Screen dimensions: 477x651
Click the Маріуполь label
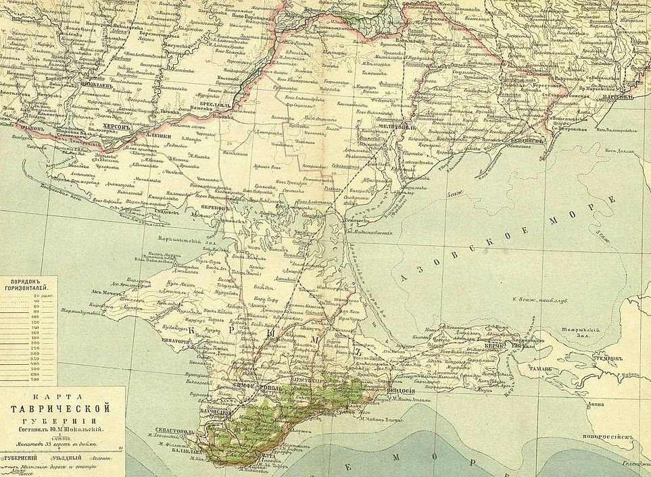633,97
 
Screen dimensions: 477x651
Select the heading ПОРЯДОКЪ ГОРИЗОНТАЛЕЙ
29,284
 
